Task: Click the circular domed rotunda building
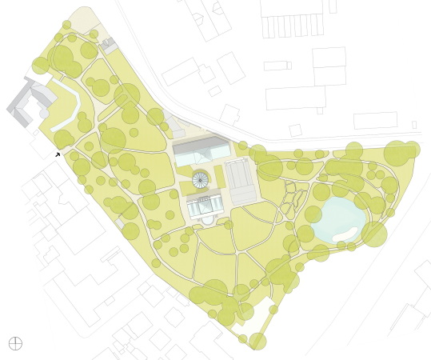tap(201, 180)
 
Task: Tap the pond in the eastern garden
tap(337, 220)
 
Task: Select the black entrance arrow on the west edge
tap(58, 154)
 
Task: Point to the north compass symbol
tap(15, 343)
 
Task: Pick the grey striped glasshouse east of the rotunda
tap(241, 180)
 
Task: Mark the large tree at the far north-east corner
tap(397, 153)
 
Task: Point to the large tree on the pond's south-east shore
tap(374, 234)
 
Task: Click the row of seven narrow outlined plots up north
tap(293, 26)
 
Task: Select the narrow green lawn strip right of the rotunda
tap(219, 177)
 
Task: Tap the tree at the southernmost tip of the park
tap(257, 342)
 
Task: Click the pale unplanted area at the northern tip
tap(84, 19)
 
